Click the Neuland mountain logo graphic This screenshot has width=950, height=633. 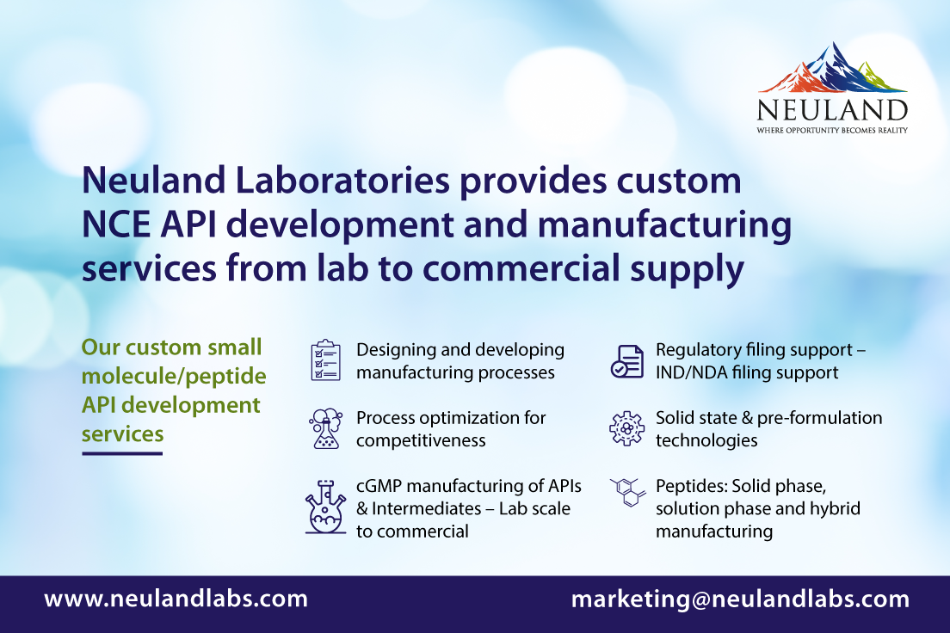point(832,68)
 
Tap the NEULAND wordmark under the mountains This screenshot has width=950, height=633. point(832,110)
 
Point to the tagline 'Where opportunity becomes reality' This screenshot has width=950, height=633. point(832,130)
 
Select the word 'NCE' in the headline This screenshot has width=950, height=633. point(115,224)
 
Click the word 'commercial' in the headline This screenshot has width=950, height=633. point(521,268)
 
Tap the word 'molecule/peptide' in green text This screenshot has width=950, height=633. point(174,377)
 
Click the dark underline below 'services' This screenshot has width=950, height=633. point(122,453)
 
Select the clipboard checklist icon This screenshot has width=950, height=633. point(326,360)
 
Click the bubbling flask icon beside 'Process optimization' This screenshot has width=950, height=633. point(326,428)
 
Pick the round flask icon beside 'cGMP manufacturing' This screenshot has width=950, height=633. point(325,507)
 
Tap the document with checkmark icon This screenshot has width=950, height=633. point(627,361)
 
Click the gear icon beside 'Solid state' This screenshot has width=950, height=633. point(627,428)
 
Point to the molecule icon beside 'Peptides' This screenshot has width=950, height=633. point(627,492)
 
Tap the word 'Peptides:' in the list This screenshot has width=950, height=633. point(691,487)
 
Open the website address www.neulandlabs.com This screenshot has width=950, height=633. point(176,599)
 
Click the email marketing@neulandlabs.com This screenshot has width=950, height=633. point(740,599)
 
